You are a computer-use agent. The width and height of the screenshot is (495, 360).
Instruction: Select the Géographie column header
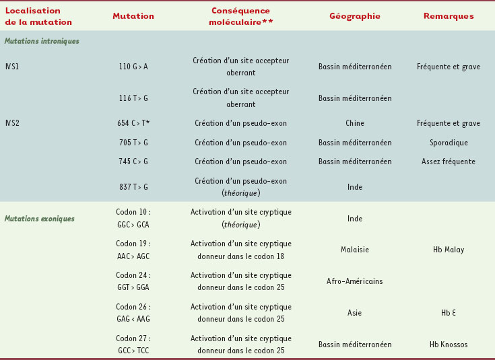(x=355, y=16)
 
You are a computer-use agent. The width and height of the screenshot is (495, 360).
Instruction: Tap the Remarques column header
(x=449, y=16)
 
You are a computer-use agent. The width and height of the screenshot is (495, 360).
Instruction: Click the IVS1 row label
(x=12, y=67)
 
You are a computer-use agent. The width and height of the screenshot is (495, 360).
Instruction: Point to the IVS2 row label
(x=12, y=123)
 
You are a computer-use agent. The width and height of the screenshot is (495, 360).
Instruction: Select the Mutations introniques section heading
(x=42, y=41)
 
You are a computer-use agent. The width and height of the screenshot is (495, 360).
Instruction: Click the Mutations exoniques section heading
(x=40, y=219)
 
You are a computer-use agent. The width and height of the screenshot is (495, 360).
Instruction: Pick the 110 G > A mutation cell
(x=133, y=67)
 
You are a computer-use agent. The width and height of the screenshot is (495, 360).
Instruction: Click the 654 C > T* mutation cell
(x=133, y=123)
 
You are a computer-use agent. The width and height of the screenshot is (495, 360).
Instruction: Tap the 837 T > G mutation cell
(x=133, y=186)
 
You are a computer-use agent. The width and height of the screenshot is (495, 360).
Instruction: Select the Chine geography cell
(x=355, y=123)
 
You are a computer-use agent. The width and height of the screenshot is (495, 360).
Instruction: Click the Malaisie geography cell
(x=355, y=250)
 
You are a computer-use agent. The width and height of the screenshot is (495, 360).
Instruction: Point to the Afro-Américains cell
(x=355, y=281)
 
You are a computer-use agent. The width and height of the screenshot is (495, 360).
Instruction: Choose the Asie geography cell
(x=355, y=313)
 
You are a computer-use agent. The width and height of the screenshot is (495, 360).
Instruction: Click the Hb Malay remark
(x=449, y=250)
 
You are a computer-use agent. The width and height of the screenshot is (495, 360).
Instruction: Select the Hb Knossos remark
(x=449, y=345)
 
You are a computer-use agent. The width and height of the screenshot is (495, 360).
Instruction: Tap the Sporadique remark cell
(x=449, y=143)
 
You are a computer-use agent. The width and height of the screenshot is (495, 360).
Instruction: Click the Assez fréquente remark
(x=449, y=161)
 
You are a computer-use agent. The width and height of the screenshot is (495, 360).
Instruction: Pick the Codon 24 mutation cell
(x=133, y=281)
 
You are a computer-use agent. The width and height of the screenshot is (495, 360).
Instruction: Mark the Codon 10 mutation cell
(x=133, y=218)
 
